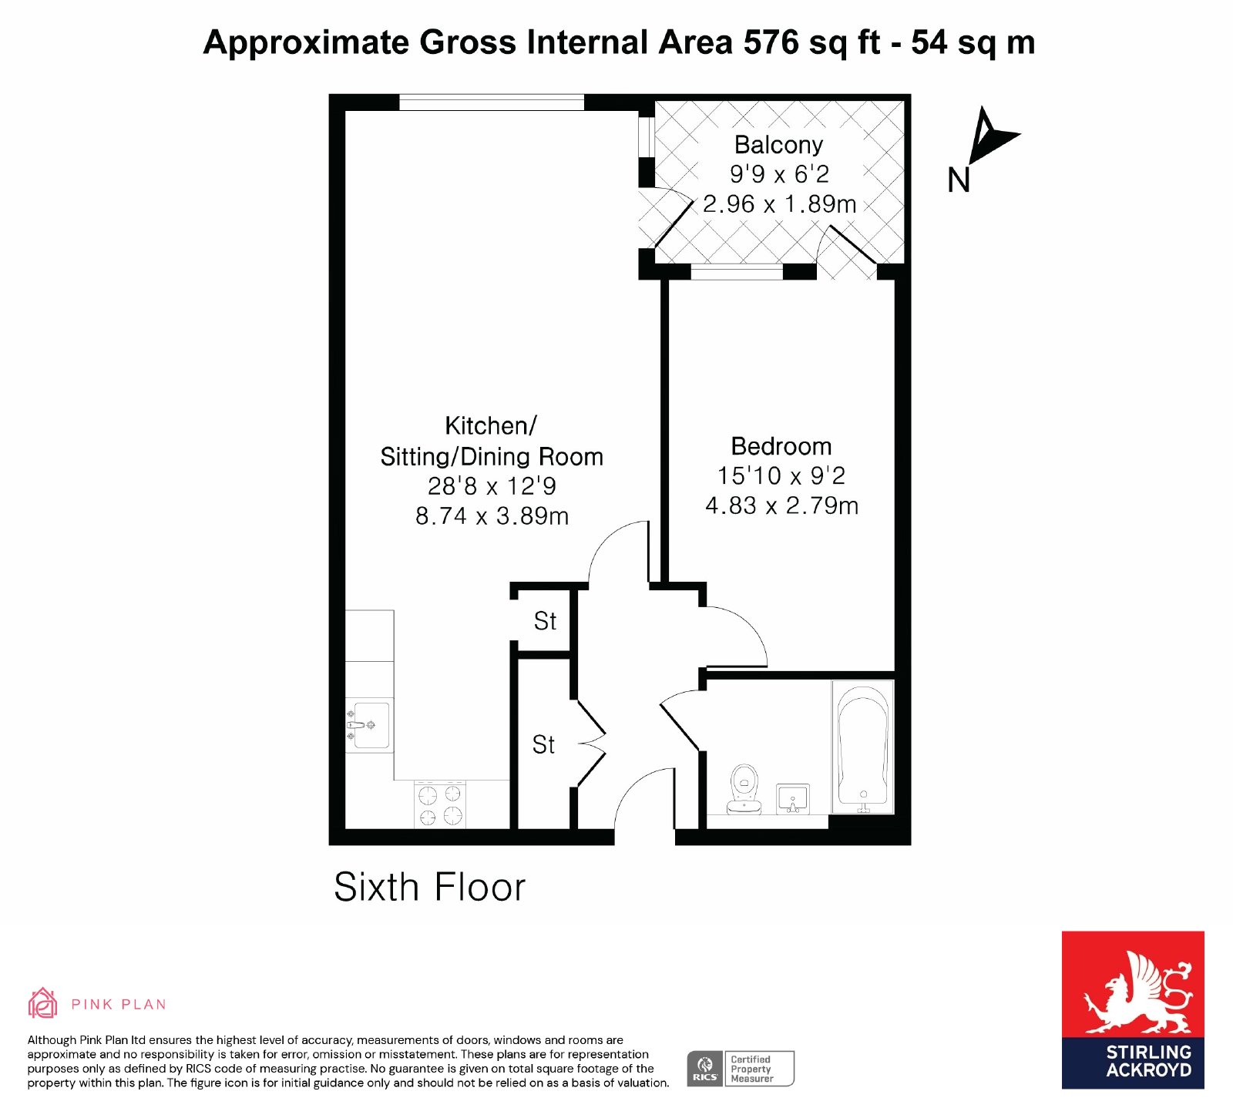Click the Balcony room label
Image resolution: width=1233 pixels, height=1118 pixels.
778,145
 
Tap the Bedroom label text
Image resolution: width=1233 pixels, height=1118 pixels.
781,446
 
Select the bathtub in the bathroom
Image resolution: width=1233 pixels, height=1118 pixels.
863,746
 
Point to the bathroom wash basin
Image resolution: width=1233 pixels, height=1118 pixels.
792,798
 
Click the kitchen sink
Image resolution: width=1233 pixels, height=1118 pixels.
369,725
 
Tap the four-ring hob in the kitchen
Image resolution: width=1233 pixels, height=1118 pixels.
440,804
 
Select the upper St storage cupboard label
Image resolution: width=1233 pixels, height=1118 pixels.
545,621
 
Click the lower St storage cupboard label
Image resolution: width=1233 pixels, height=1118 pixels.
543,744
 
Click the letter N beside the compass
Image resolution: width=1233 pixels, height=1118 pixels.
959,180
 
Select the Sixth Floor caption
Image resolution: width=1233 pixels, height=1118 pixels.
429,887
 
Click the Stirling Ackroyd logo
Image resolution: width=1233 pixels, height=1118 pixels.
1133,1009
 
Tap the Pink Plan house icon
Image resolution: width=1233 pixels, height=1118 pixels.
42,1003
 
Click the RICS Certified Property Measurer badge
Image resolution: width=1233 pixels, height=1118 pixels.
741,1069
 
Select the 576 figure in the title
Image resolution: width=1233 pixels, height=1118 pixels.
771,42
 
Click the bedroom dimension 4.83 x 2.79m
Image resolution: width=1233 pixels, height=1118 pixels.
781,505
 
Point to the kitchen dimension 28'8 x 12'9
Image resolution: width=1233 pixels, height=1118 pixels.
492,486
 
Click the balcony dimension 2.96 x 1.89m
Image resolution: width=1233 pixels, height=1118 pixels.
779,203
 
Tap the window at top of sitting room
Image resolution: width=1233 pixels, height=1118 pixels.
492,102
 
